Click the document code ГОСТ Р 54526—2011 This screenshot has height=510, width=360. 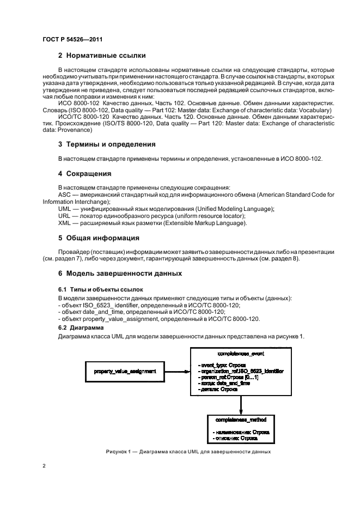click(72, 40)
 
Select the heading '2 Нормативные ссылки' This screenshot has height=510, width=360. click(101, 56)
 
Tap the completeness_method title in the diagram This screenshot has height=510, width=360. click(240, 420)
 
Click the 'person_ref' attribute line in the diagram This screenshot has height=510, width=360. click(228, 377)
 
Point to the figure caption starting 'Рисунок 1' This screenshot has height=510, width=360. click(180, 452)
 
